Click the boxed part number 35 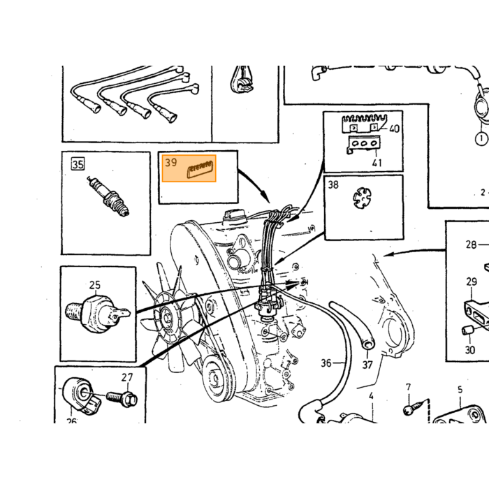tap(78, 163)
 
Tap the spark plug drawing tap(108, 196)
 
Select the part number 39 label tap(171, 163)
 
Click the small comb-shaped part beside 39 tap(200, 169)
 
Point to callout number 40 tap(394, 129)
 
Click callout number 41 tap(377, 163)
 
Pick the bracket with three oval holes tap(363, 145)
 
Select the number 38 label tap(333, 184)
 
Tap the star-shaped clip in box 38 tap(362, 198)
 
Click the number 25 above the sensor tap(95, 285)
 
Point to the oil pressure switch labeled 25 tap(97, 314)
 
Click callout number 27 tap(127, 378)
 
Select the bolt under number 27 tap(122, 398)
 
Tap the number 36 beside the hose tap(326, 363)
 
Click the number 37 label tap(367, 365)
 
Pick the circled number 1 tap(481, 138)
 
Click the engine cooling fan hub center tap(166, 318)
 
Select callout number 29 tap(472, 282)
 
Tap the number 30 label tap(470, 350)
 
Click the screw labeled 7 tap(412, 408)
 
